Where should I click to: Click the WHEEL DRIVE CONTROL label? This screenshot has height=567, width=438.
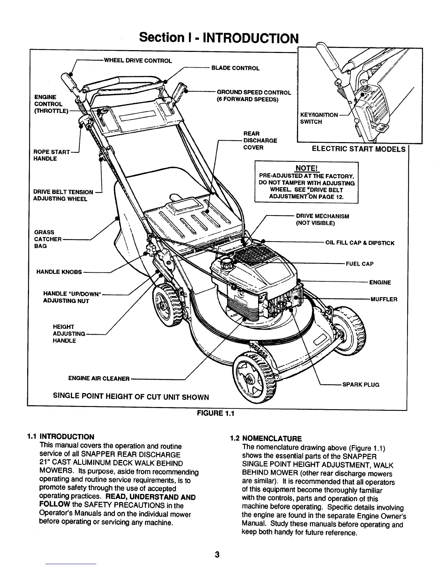(138, 60)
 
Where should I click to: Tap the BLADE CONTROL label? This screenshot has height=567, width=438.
(235, 68)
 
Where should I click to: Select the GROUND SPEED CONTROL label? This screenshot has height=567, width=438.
(254, 92)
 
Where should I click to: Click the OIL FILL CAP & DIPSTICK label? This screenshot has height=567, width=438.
(360, 243)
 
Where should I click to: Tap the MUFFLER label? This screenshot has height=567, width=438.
(384, 299)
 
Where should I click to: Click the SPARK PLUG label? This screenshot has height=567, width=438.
(361, 384)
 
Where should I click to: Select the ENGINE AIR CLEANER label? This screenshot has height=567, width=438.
(98, 378)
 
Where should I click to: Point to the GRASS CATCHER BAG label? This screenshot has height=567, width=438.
(48, 239)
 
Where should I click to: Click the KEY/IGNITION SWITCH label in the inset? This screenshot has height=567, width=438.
(318, 118)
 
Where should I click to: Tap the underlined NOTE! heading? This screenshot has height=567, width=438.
(306, 168)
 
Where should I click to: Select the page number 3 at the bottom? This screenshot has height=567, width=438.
(216, 554)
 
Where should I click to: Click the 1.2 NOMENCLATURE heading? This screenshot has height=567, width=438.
(266, 438)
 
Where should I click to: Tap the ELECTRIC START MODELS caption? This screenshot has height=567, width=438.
(359, 149)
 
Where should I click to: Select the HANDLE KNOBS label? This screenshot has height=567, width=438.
(59, 272)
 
